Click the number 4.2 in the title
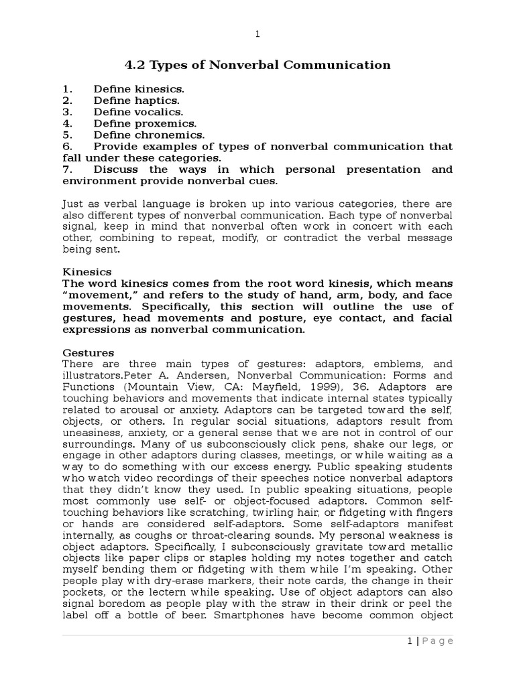point(136,65)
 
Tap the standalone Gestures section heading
point(88,352)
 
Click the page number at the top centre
point(257,34)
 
